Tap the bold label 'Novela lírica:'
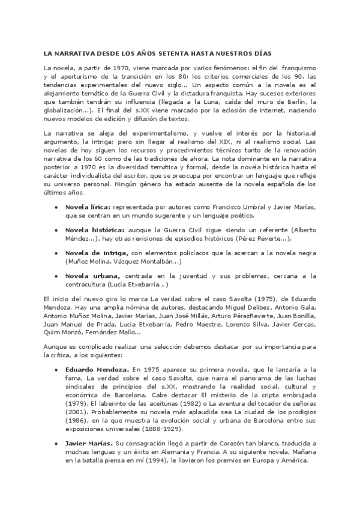point(88,207)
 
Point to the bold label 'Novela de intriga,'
point(96,253)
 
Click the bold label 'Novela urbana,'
point(91,276)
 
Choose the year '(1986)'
point(76,420)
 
